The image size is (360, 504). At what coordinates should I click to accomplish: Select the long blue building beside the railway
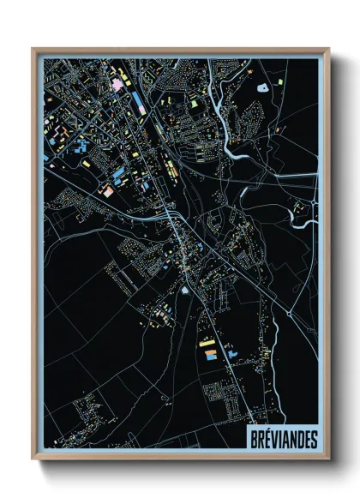pos(137,104)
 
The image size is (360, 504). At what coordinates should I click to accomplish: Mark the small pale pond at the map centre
pos(185,291)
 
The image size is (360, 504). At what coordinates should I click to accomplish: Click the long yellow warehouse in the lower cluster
pos(207,343)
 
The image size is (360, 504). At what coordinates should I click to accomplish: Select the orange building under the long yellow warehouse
pos(209,352)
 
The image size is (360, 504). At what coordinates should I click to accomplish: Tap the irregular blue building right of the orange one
pos(231,350)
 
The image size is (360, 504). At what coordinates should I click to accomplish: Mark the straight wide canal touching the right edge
pos(291,176)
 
